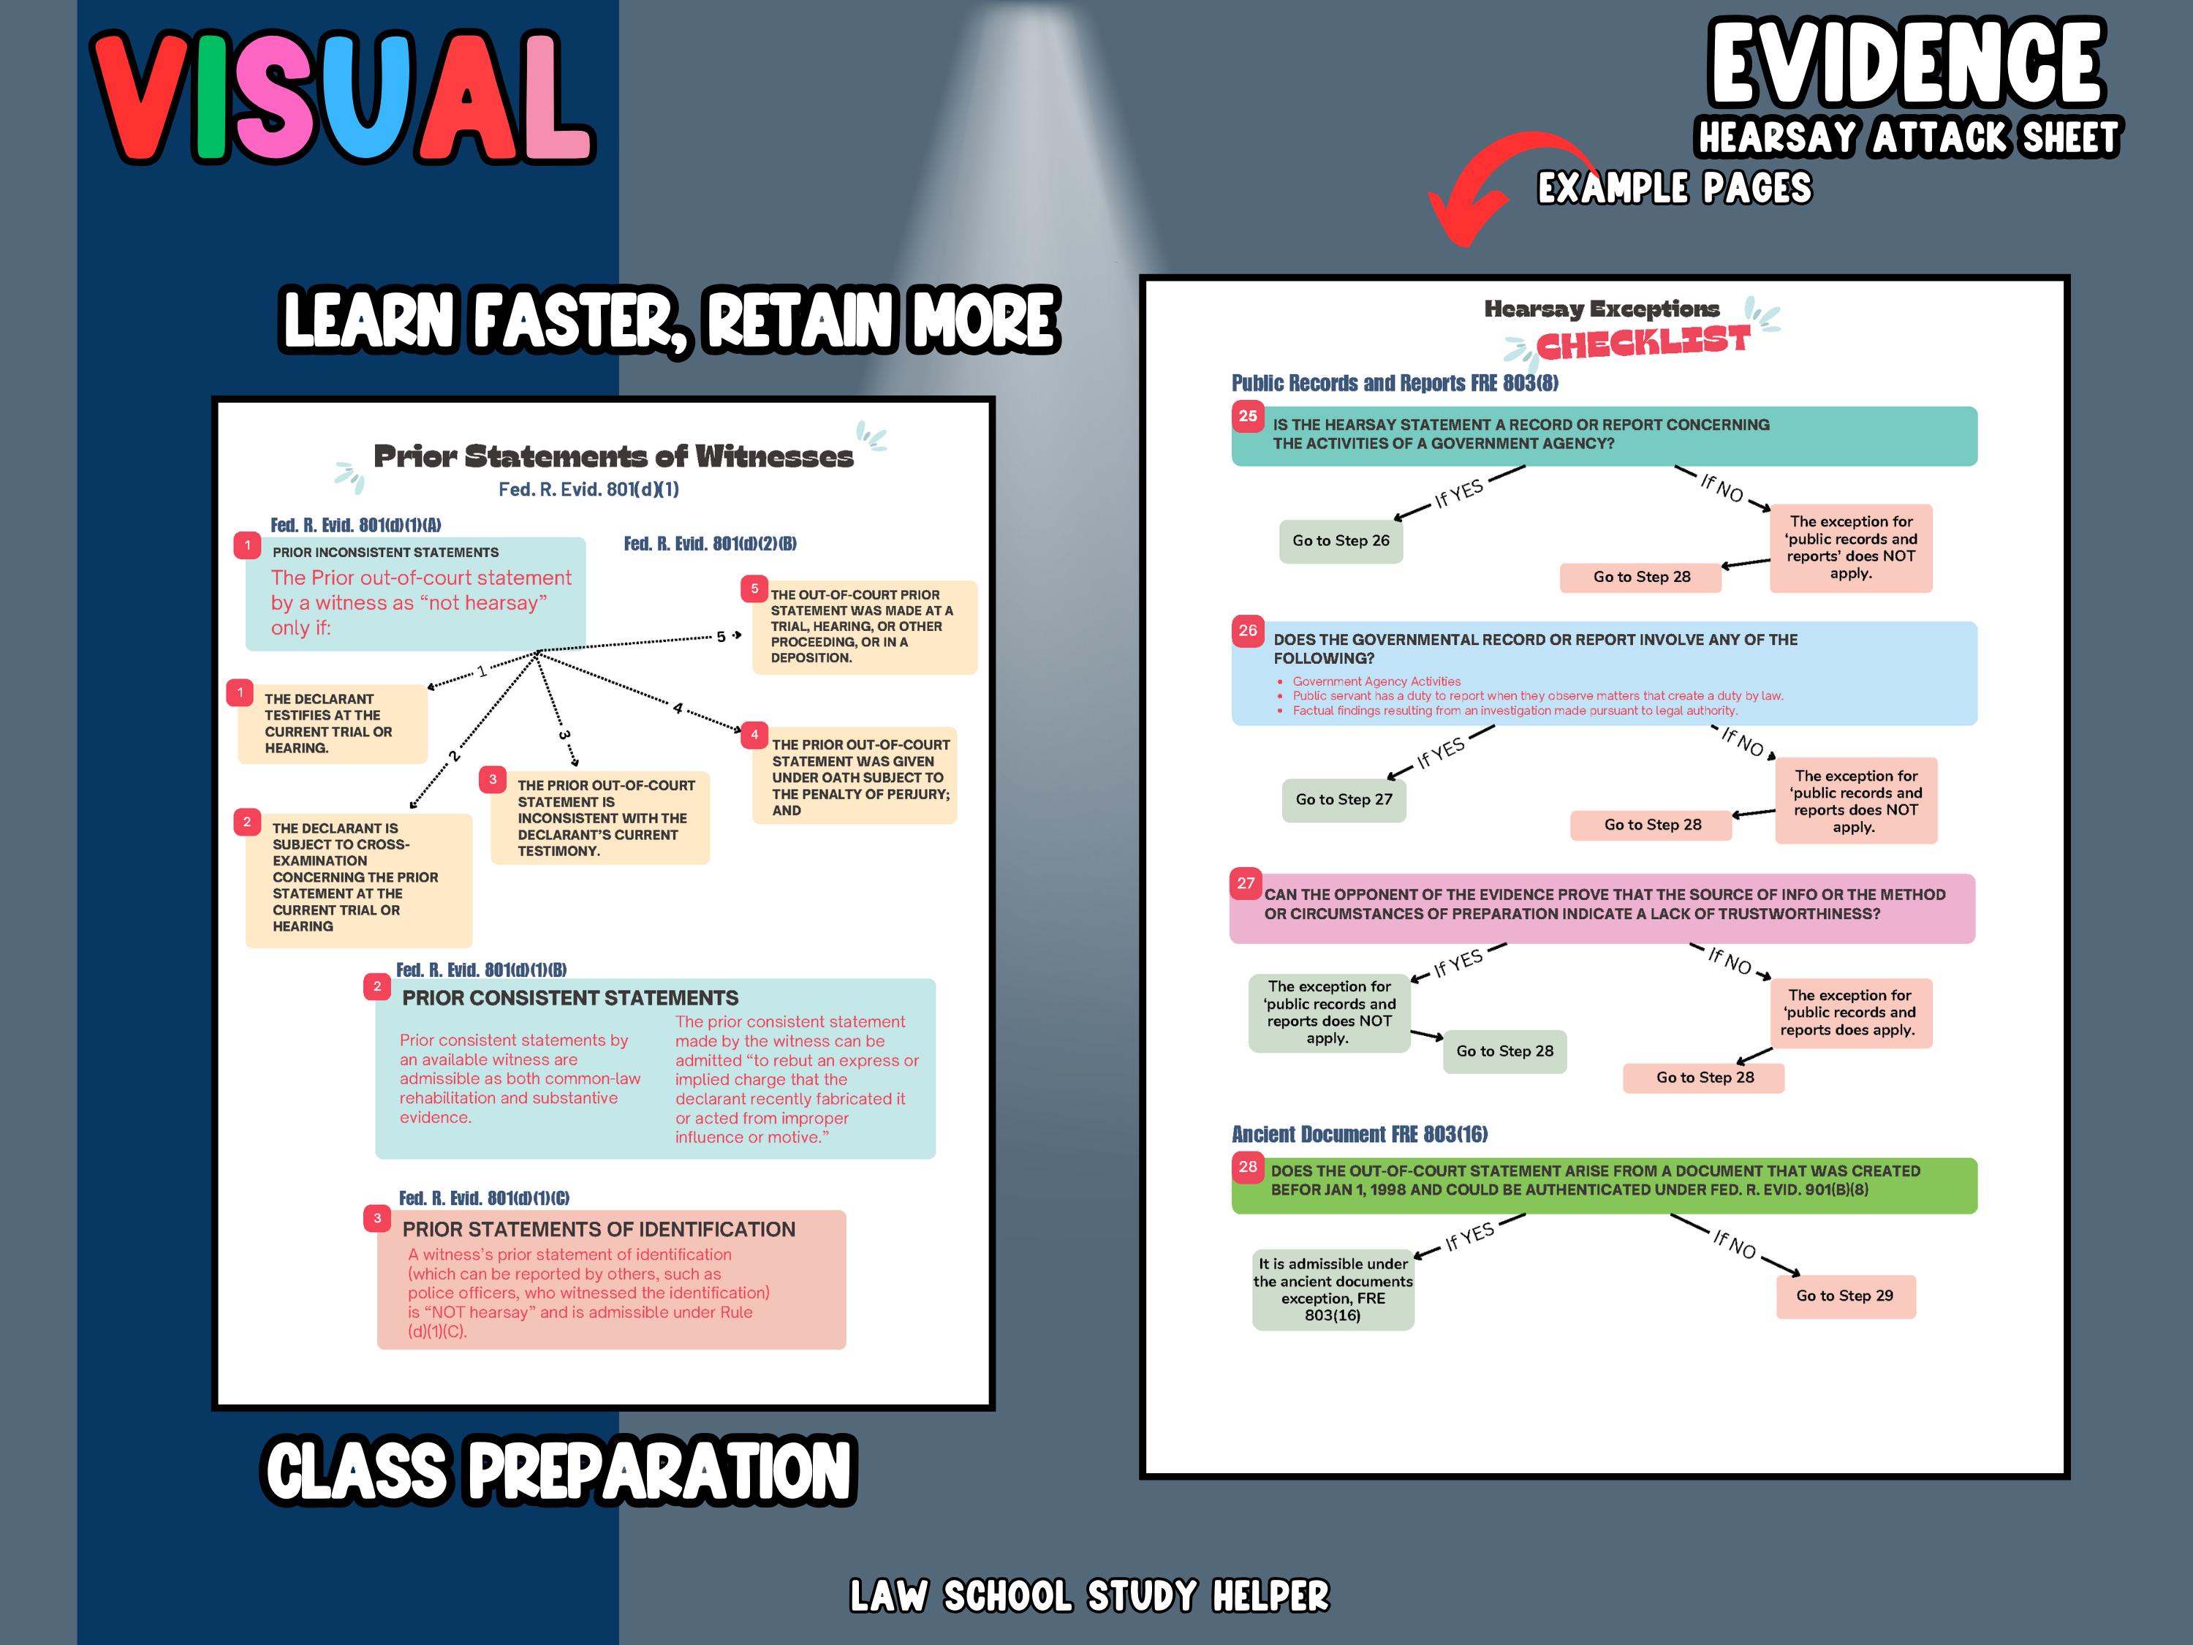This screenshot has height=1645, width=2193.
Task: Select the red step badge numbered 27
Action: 1245,882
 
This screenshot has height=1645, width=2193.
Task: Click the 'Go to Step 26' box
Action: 1341,540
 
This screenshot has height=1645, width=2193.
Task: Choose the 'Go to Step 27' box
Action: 1344,799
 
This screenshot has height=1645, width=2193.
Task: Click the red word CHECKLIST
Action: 1642,343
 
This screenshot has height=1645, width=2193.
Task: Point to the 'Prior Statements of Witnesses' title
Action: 613,456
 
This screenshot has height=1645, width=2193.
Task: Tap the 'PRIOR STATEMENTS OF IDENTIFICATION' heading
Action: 598,1230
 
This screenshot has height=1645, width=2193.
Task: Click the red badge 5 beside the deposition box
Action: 754,588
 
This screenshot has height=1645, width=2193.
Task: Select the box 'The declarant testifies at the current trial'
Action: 331,723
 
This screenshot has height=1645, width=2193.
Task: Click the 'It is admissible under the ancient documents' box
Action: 1333,1289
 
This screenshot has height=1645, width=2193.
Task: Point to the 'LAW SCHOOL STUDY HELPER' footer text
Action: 1088,1595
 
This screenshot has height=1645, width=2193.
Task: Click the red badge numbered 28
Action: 1247,1166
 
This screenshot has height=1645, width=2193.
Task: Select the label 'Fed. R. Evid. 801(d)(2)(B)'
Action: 710,543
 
